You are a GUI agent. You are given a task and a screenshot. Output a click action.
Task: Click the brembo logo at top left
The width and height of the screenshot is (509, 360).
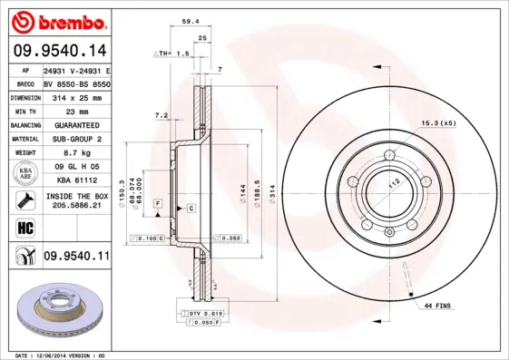(x=57, y=20)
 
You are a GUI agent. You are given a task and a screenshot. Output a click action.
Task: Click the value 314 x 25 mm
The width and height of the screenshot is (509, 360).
(x=75, y=96)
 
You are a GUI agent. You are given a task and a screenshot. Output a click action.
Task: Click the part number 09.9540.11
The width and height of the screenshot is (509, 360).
(x=75, y=257)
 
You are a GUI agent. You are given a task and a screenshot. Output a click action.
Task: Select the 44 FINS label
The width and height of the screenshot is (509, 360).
(x=438, y=307)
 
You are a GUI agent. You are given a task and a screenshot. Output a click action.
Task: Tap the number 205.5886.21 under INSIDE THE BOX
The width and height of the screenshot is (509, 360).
(x=75, y=206)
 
